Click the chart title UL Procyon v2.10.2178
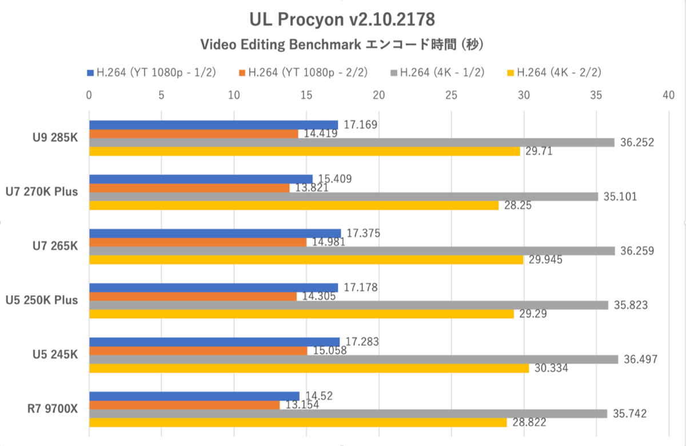pyautogui.click(x=342, y=19)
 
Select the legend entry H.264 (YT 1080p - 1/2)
pyautogui.click(x=151, y=72)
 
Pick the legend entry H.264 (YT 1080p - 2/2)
pyautogui.click(x=303, y=72)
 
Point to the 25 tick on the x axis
pyautogui.click(x=451, y=95)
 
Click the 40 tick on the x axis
pyautogui.click(x=668, y=95)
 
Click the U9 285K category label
pyautogui.click(x=55, y=137)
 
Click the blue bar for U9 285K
pyautogui.click(x=213, y=125)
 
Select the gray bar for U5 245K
pyautogui.click(x=353, y=360)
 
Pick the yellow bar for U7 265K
pyautogui.click(x=306, y=260)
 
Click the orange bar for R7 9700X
pyautogui.click(x=184, y=405)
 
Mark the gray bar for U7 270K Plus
pyautogui.click(x=343, y=196)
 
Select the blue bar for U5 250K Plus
pyautogui.click(x=213, y=287)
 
